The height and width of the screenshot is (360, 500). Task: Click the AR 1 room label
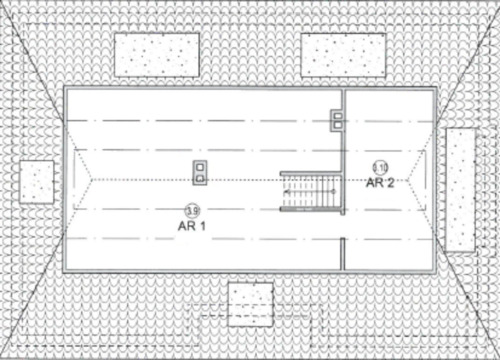point(191,225)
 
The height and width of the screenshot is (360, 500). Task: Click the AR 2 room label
point(380,182)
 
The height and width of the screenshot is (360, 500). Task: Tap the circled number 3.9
point(191,209)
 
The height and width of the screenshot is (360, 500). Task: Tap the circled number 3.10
point(380,167)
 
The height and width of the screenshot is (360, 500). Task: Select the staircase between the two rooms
point(311,191)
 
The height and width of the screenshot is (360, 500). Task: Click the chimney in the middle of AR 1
point(201,172)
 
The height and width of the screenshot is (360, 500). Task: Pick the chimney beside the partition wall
point(337,120)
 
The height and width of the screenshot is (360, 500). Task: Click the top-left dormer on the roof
point(157,54)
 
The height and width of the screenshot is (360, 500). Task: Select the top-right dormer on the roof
point(343,54)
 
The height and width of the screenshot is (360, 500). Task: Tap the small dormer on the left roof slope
point(37,181)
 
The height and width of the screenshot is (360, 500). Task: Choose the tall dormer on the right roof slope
point(461,190)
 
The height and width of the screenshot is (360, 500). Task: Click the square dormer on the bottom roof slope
point(250,304)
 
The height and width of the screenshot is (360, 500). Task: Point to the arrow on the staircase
point(300,190)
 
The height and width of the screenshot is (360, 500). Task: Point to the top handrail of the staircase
point(310,172)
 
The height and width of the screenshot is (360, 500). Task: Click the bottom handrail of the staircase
point(310,210)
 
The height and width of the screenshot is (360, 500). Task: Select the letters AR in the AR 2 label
point(374,182)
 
